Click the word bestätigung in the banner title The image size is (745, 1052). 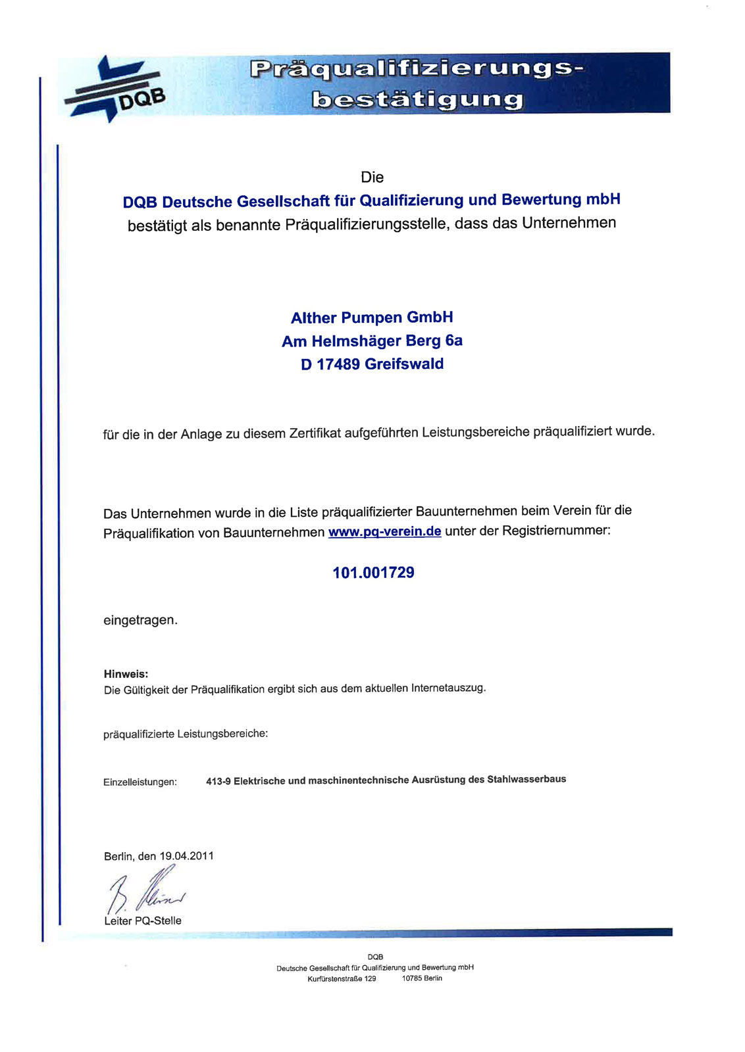pos(418,100)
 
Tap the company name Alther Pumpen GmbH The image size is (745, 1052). pos(372,318)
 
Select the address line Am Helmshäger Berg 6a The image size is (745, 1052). pos(372,341)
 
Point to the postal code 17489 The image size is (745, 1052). pos(338,364)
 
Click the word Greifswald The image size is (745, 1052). pos(404,364)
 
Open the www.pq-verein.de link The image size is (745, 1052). pos(384,531)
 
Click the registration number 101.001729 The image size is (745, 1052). pos(373,573)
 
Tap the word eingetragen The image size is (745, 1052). pos(140,620)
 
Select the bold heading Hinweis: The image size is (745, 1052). pos(126,674)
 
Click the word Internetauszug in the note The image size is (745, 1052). pos(448,688)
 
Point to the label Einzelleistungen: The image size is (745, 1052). pos(140,782)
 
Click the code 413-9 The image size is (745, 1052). pos(218,781)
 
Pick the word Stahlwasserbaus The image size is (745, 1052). pos(526,779)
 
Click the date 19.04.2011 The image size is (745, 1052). pos(186,856)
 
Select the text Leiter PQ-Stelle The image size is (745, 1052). pos(142,920)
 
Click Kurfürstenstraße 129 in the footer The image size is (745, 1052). pos(342,978)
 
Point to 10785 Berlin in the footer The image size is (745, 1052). pos(422,978)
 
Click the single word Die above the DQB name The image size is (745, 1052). pos(372,178)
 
